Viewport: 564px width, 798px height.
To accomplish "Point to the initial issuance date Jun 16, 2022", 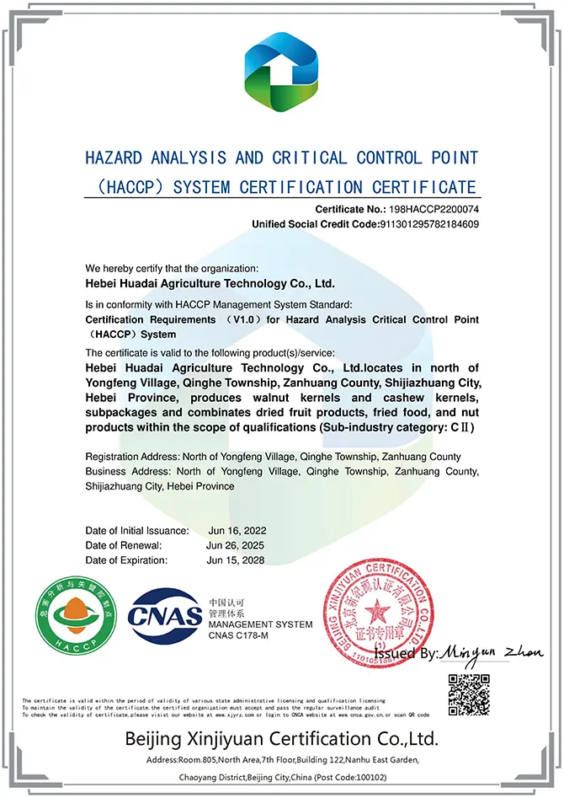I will pyautogui.click(x=237, y=530).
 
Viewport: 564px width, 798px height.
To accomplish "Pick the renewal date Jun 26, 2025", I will pyautogui.click(x=237, y=545).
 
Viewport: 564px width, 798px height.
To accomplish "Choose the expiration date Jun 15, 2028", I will pyautogui.click(x=237, y=560).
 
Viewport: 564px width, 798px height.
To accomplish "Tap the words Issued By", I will pyautogui.click(x=407, y=653).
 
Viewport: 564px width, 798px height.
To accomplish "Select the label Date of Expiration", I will pyautogui.click(x=125, y=560).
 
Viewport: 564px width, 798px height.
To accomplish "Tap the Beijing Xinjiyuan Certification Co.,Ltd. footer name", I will pyautogui.click(x=282, y=740).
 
